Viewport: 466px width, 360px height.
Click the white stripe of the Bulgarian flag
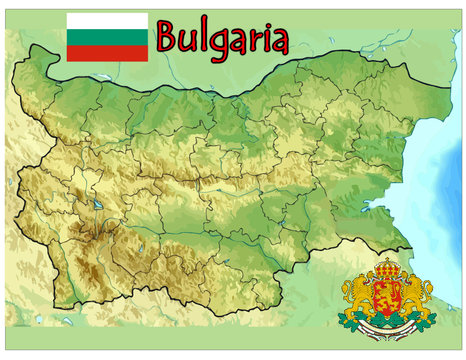point(107,20)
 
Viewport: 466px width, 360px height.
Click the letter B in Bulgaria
point(168,39)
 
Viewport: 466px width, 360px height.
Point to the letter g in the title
point(216,45)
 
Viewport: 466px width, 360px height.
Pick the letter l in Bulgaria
point(201,38)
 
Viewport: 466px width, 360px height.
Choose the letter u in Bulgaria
point(187,43)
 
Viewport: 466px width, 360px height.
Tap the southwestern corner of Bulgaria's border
point(55,305)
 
